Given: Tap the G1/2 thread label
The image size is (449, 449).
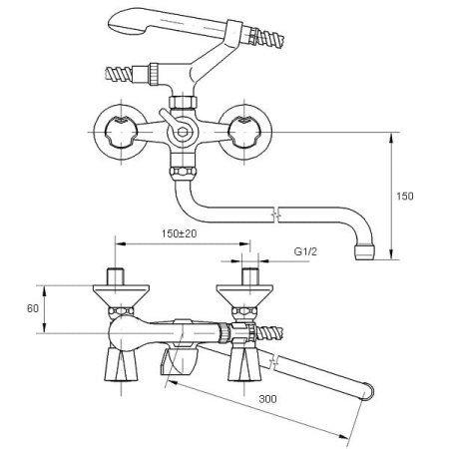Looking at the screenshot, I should coord(306,252).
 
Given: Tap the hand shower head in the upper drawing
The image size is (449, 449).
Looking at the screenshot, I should coord(160,20).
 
